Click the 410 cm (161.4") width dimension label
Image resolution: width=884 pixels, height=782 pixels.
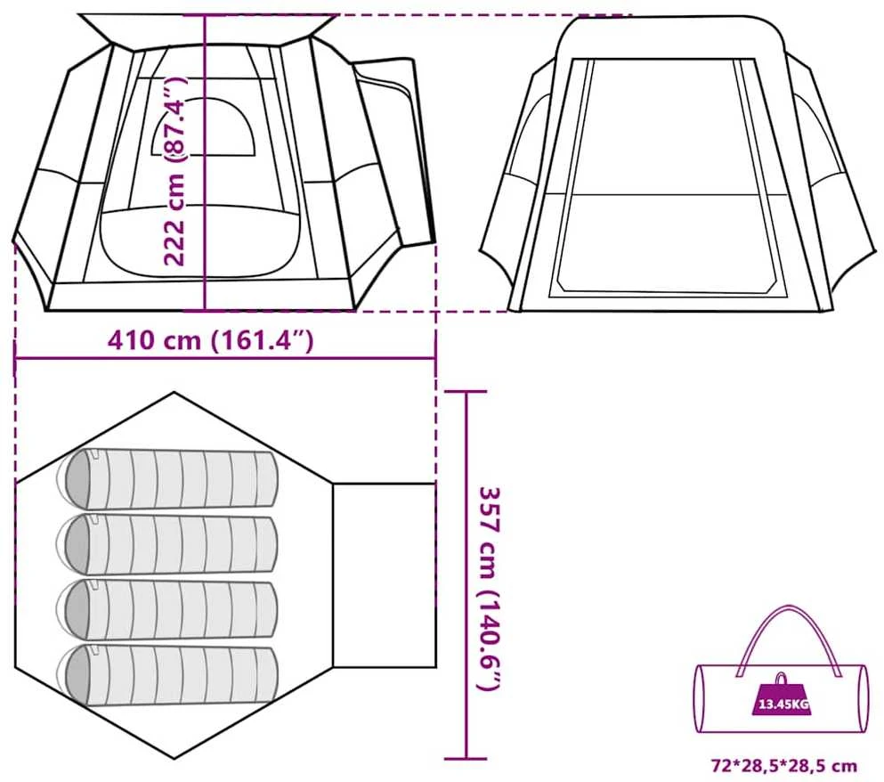(x=210, y=341)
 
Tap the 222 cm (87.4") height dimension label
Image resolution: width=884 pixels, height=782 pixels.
(x=174, y=169)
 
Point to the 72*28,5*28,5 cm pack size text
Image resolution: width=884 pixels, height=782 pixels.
(x=784, y=766)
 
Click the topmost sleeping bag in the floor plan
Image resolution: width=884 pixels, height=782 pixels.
(x=169, y=478)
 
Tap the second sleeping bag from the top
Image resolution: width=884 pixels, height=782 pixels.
(x=169, y=543)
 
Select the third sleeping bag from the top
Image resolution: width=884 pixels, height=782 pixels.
(x=169, y=608)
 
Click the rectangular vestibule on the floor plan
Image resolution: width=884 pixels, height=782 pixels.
(x=385, y=575)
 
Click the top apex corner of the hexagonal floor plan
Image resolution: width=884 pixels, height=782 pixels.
(x=174, y=392)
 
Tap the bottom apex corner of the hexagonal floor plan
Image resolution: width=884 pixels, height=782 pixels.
(x=174, y=757)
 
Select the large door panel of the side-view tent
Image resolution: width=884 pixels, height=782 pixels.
(x=663, y=176)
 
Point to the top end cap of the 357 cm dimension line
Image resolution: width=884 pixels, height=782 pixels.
(x=466, y=391)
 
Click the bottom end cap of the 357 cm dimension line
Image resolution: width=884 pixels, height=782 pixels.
(x=466, y=759)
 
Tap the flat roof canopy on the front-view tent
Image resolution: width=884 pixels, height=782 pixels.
(x=207, y=29)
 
